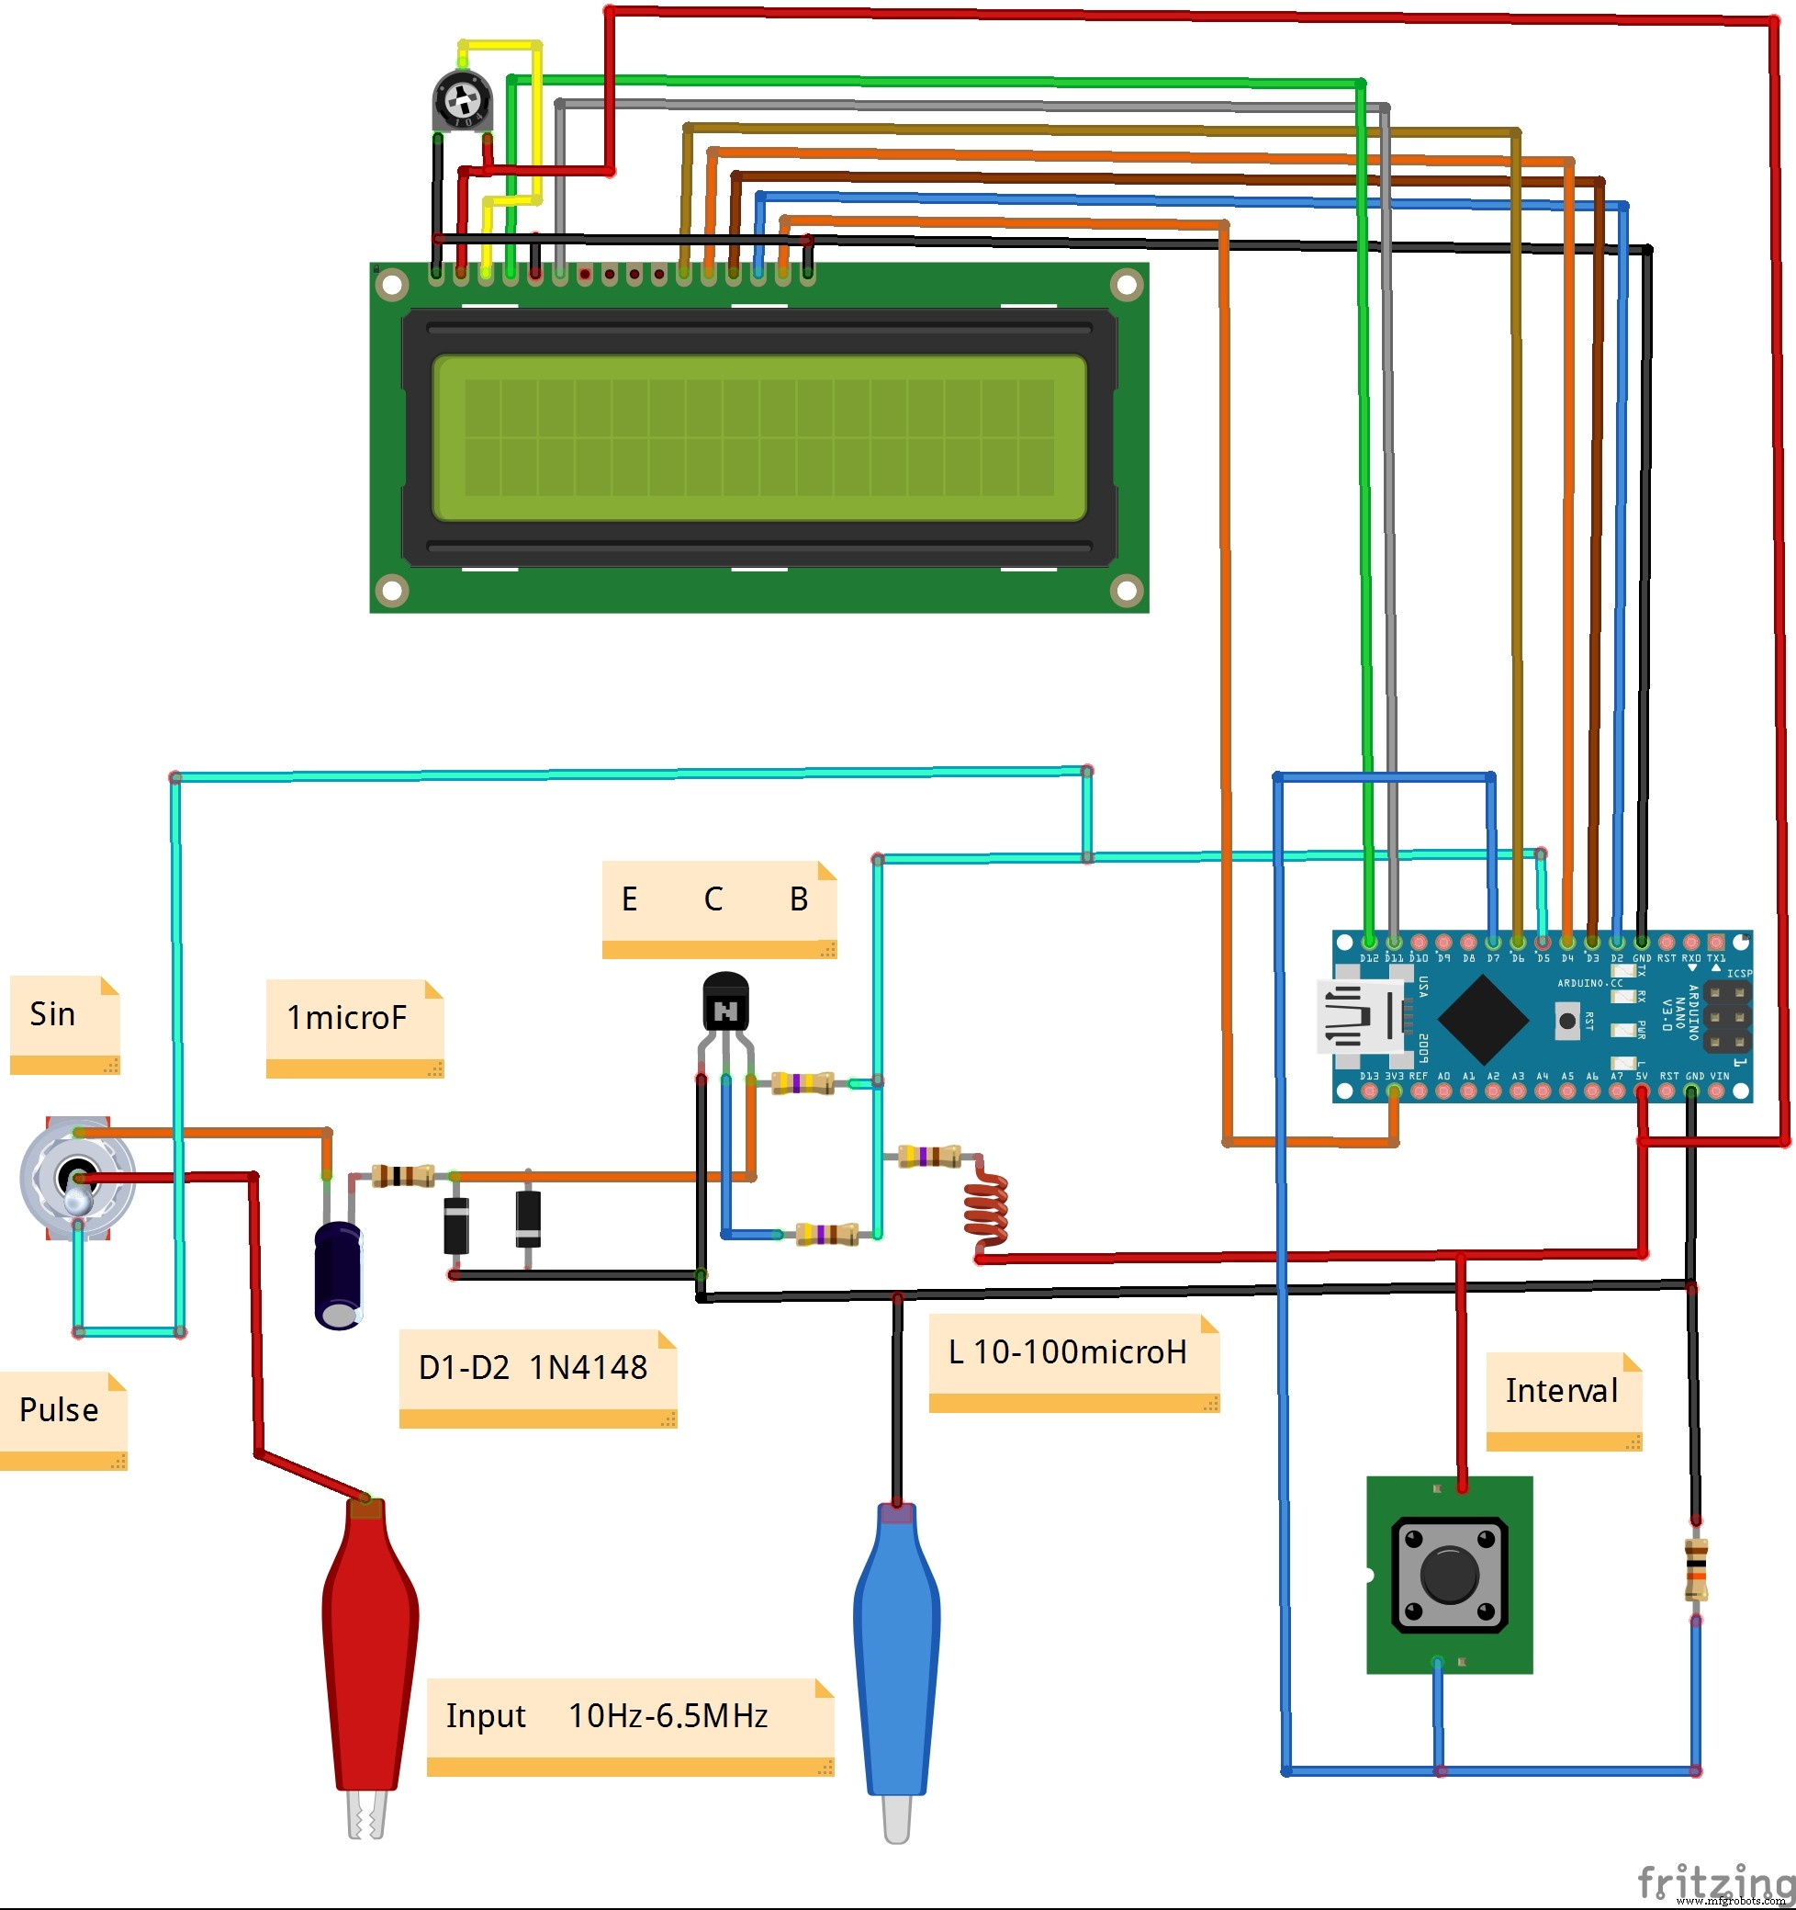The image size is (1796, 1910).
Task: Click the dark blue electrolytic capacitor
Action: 338,1275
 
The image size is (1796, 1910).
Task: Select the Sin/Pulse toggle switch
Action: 77,1179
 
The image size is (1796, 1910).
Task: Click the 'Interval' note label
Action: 1563,1391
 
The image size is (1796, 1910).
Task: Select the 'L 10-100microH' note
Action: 1072,1352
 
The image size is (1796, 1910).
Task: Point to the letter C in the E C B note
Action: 713,899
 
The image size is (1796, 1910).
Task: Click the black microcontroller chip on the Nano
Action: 1483,1019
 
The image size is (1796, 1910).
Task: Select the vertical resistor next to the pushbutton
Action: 1696,1569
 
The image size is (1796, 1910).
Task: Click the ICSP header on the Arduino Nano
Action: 1727,1016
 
